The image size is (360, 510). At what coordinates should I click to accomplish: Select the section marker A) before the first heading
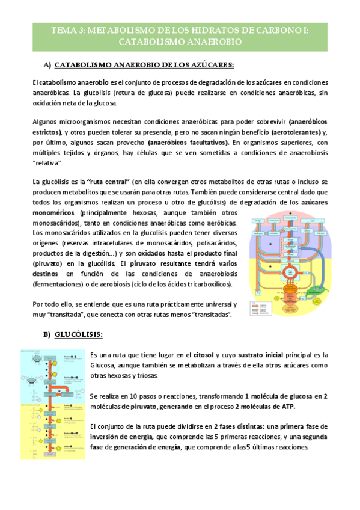point(47,64)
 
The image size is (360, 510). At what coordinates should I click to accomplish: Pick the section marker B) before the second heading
point(47,334)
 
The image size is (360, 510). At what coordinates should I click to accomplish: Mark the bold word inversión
point(105,437)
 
